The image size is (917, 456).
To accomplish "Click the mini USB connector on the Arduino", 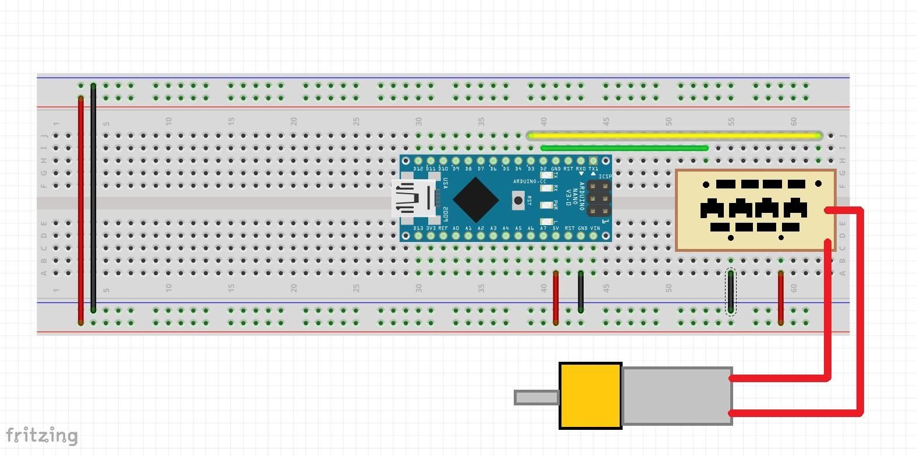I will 414,199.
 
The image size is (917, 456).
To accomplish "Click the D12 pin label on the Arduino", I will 418,169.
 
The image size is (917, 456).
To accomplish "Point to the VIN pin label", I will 595,229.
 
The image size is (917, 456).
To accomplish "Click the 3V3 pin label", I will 431,229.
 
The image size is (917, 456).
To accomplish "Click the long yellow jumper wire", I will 675,136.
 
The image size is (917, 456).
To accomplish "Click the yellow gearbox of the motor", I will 590,396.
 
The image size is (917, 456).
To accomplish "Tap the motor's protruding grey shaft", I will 536,397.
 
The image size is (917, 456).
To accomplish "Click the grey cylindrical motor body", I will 677,396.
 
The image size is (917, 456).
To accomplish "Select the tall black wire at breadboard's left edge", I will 93,198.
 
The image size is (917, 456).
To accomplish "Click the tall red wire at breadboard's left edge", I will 80,209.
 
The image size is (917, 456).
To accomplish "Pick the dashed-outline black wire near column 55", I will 731,292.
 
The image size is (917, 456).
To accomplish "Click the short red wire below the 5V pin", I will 556,297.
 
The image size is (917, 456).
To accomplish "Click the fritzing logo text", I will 41,435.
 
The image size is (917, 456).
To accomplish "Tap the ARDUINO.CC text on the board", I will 529,181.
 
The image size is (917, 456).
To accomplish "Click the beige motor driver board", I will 755,210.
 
